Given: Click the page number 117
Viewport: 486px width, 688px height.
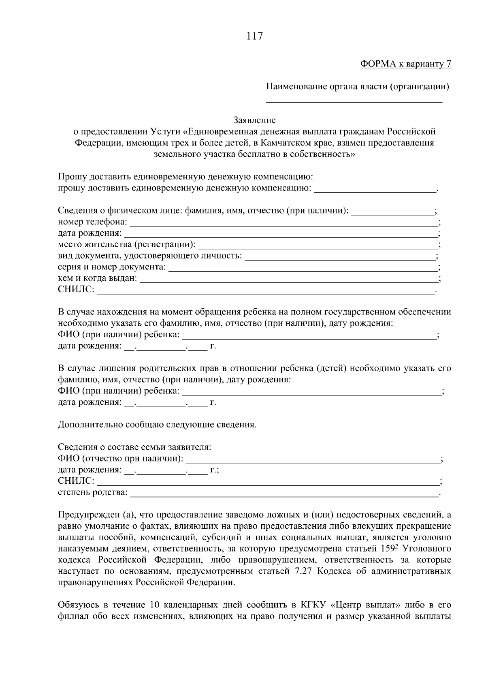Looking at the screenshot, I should point(254,36).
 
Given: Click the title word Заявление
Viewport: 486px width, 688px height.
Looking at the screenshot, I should point(254,120).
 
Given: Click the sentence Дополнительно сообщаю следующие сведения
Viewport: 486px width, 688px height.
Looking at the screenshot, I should point(157,425).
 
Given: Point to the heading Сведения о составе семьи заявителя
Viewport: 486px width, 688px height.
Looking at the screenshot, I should point(134,447).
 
